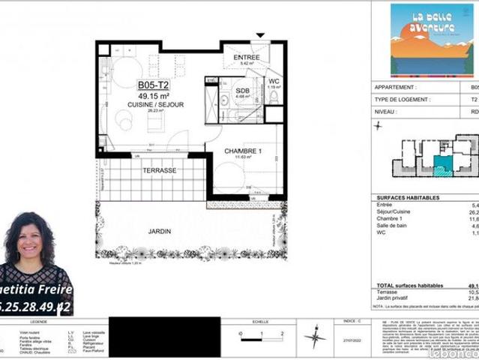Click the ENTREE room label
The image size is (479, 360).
[247, 57]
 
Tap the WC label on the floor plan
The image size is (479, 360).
[274, 81]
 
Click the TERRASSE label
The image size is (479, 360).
[159, 171]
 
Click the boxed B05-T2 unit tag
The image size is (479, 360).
[151, 85]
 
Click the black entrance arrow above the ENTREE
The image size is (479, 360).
[260, 35]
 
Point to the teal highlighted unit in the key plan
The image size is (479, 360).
[443, 164]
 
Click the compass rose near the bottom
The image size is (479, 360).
[315, 335]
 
